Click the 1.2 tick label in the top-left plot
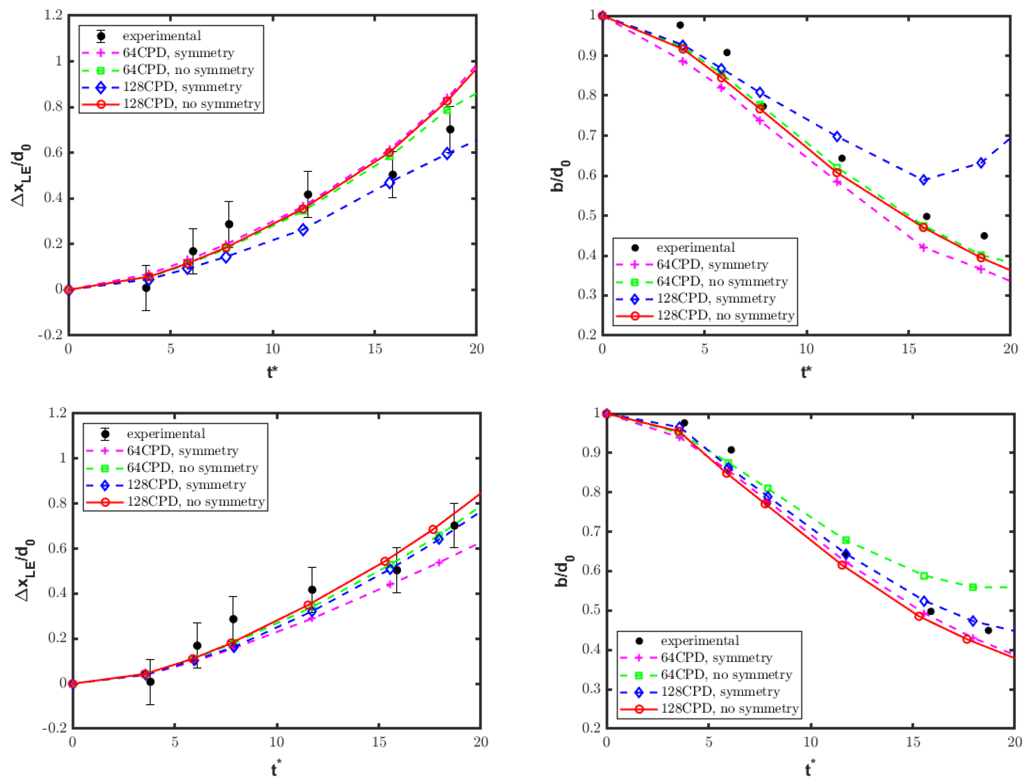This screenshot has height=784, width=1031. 53,15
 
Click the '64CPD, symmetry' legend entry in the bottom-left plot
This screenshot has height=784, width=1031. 182,451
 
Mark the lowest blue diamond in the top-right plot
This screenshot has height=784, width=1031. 923,180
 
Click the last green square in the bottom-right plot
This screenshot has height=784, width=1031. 973,587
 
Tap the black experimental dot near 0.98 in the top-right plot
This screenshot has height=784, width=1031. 680,25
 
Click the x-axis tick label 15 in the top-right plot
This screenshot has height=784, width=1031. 908,349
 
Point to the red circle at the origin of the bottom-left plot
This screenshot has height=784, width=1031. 72,684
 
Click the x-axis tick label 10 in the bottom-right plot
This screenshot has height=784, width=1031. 810,742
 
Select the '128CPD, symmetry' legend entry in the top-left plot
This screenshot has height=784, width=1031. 182,87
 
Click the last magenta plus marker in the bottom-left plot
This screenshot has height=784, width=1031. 439,563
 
